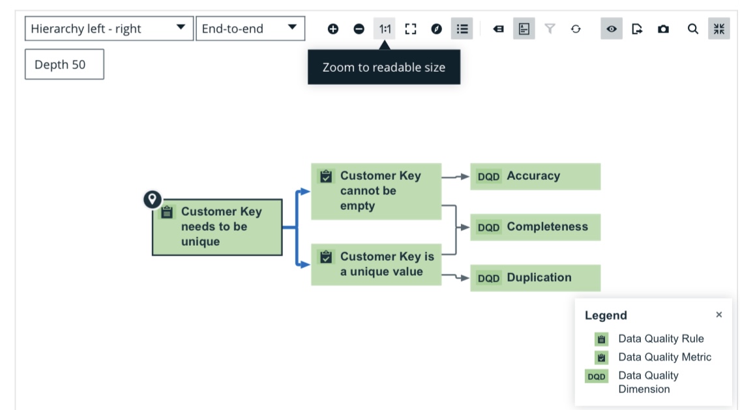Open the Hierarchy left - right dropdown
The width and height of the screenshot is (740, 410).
(109, 29)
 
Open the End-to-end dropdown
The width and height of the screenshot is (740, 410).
(250, 29)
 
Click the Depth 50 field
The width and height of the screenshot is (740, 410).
(64, 64)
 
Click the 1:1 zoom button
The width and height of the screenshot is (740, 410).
(385, 29)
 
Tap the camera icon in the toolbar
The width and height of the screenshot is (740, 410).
(663, 29)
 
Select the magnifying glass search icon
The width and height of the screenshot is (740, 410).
(692, 29)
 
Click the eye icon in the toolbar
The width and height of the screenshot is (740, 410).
(611, 29)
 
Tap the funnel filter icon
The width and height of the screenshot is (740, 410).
(550, 29)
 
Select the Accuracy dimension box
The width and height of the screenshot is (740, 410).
(535, 177)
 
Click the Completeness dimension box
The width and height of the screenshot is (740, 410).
(535, 227)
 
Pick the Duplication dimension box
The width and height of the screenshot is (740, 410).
(535, 278)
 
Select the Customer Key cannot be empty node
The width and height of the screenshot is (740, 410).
(376, 191)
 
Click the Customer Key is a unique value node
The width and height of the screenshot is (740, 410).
(376, 264)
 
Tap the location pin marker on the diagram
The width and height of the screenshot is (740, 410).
(153, 199)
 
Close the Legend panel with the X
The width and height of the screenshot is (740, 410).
(718, 315)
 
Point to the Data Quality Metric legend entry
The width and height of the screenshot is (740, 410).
(653, 357)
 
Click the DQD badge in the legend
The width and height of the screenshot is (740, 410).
(597, 377)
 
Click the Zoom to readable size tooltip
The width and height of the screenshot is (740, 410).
(383, 67)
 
